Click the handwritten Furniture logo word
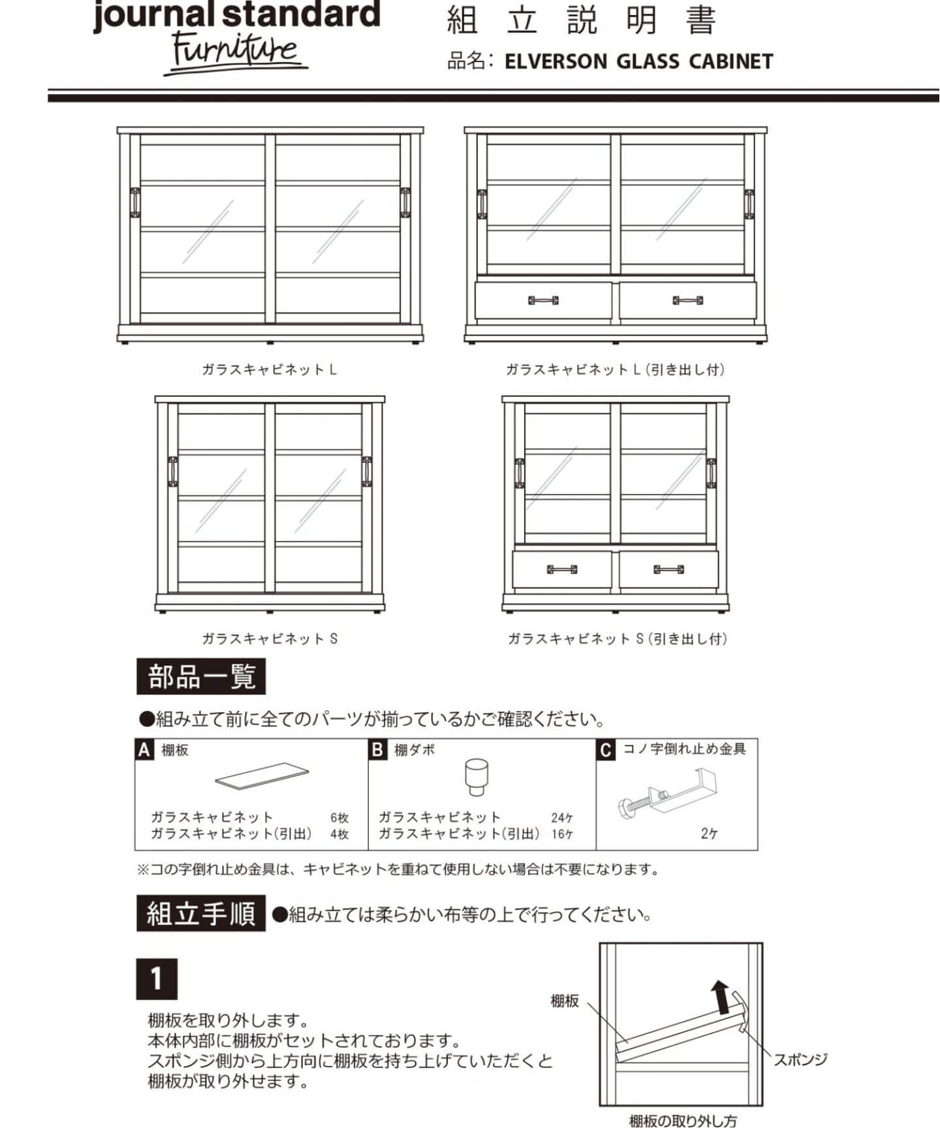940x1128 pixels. (235, 51)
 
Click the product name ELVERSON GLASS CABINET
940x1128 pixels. (638, 62)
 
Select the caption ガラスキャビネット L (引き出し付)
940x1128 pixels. (615, 369)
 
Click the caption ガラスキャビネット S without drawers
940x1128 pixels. (270, 638)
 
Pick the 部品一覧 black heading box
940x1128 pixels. (201, 677)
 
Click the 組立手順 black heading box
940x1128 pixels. (201, 913)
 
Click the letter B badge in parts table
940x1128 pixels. (377, 750)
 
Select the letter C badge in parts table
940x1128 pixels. (606, 750)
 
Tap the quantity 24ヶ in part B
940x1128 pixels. (562, 817)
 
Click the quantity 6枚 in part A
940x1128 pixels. (339, 817)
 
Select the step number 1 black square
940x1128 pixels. (157, 979)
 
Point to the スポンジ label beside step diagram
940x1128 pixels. (800, 1060)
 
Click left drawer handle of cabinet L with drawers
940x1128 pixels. (543, 300)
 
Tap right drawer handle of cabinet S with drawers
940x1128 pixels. (668, 569)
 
